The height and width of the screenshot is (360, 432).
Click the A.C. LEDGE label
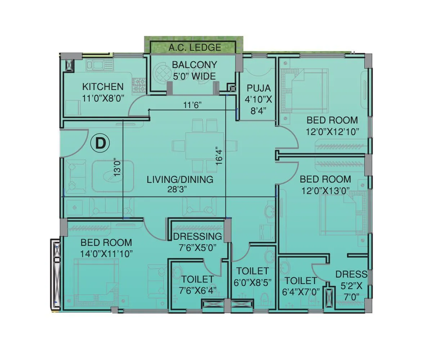pos(195,47)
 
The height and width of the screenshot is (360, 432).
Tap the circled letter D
pos(99,143)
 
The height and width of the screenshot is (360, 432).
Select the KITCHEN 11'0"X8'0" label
pos(103,92)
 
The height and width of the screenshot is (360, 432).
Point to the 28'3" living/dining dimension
pos(180,189)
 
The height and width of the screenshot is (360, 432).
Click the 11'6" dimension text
pos(192,105)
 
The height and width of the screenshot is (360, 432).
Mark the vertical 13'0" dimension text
pos(116,168)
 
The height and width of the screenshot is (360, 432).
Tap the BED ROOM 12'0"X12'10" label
pos(332,126)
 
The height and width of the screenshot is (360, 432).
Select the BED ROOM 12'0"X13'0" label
pos(325,185)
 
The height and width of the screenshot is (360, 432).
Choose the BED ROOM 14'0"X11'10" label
pos(106,248)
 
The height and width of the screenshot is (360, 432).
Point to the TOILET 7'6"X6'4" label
pos(197,284)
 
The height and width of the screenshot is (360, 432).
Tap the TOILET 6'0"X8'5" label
pos(252,276)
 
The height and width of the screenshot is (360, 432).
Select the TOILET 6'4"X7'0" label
pos(301,286)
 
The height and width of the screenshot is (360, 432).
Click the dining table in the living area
pos(204,146)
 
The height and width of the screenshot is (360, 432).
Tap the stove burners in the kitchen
pos(139,86)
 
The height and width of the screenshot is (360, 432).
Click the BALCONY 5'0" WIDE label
pos(194,70)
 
